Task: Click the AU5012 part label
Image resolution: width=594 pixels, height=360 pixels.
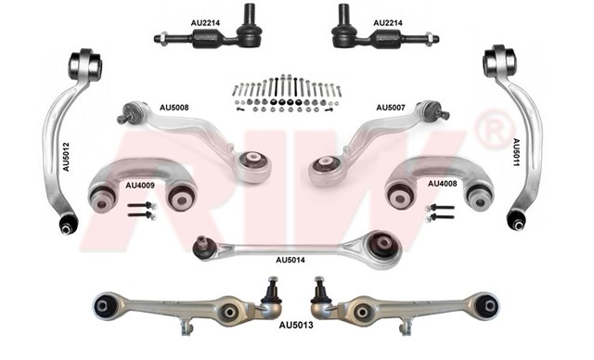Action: click(x=66, y=157)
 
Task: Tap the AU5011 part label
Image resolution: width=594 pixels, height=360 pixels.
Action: click(x=516, y=152)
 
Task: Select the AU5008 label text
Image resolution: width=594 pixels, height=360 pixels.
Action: click(x=174, y=108)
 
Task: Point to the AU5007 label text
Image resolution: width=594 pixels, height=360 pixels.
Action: click(x=391, y=108)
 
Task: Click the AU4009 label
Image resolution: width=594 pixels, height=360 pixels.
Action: click(x=140, y=186)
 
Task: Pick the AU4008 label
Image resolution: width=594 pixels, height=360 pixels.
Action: click(x=443, y=184)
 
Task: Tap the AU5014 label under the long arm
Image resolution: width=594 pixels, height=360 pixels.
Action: click(x=291, y=260)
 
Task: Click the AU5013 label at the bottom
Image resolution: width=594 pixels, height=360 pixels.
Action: click(x=296, y=325)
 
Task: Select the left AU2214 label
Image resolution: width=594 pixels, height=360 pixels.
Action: click(x=205, y=23)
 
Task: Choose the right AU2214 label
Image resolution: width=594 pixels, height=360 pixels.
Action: click(x=388, y=23)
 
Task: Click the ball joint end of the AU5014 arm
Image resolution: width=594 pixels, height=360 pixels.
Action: click(x=202, y=247)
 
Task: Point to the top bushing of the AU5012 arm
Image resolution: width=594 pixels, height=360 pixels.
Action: click(x=85, y=64)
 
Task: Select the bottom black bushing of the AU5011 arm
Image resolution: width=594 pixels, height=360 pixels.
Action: click(x=517, y=220)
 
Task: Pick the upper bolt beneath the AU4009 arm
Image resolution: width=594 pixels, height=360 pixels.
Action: click(x=142, y=206)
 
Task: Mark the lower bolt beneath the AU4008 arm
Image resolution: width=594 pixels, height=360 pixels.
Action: click(x=440, y=218)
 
